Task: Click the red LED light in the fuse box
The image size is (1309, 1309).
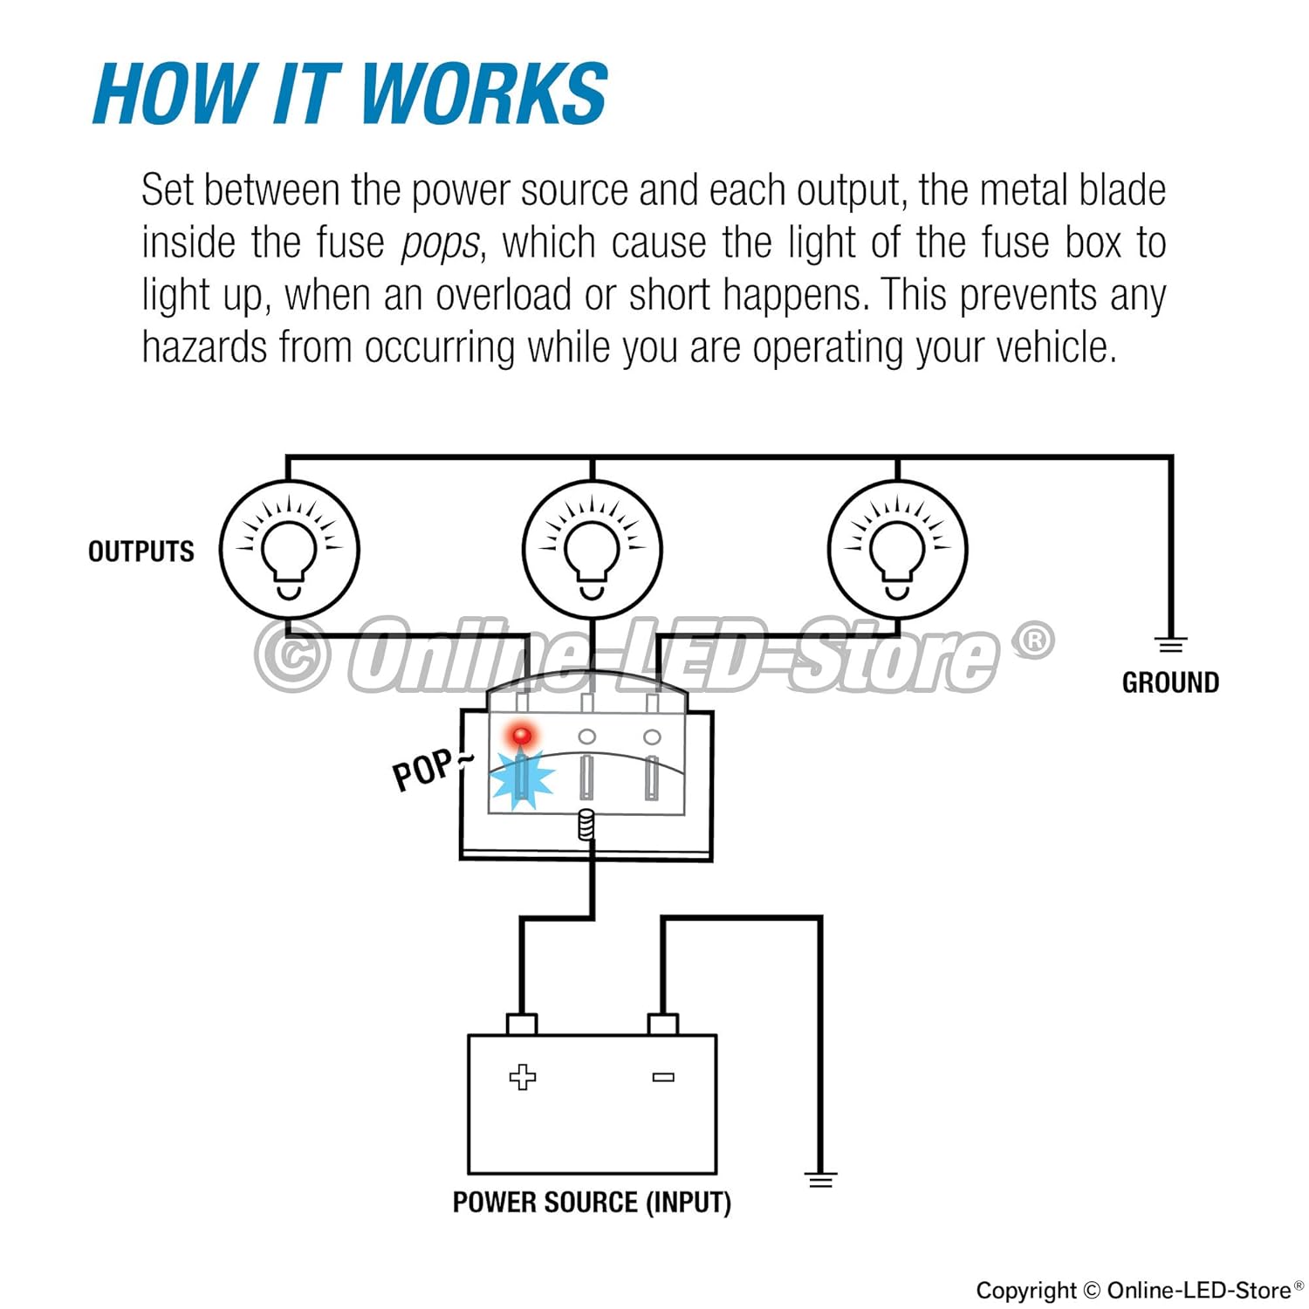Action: pyautogui.click(x=522, y=735)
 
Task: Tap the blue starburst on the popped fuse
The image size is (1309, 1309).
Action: pyautogui.click(x=522, y=778)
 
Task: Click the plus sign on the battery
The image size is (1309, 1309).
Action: pyautogui.click(x=522, y=1077)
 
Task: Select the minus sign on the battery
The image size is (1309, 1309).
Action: pyautogui.click(x=663, y=1077)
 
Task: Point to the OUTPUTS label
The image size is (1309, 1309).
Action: pyautogui.click(x=140, y=552)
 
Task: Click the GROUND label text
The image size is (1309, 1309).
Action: pyautogui.click(x=1170, y=682)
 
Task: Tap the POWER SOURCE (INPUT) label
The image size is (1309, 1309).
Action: pyautogui.click(x=592, y=1203)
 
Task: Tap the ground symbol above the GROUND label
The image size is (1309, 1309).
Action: pyautogui.click(x=1170, y=646)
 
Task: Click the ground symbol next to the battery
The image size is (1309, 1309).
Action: pyautogui.click(x=820, y=1180)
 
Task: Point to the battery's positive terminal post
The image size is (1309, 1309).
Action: pyautogui.click(x=522, y=1024)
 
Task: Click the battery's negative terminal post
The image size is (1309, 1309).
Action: pyautogui.click(x=663, y=1024)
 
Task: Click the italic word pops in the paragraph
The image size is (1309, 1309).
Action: pyautogui.click(x=439, y=243)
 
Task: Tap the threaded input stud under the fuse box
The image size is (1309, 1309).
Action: pyautogui.click(x=586, y=824)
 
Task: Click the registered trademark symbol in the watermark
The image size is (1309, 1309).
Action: pyautogui.click(x=1034, y=641)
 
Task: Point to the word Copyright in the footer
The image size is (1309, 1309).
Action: pyautogui.click(x=1026, y=1290)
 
